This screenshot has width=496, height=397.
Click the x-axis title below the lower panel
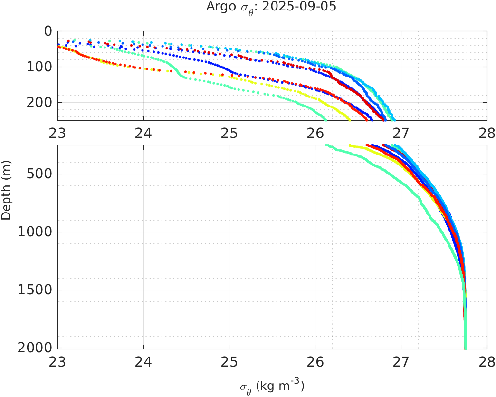272,386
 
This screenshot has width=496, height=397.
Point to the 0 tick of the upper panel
48,31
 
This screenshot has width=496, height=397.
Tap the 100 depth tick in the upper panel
40,67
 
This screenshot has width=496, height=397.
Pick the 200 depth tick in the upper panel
40,103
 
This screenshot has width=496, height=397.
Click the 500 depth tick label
40,174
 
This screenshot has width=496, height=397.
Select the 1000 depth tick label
36,232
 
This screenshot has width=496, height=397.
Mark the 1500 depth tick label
36,290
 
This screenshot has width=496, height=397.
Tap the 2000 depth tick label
36,348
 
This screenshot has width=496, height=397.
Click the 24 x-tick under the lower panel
144,361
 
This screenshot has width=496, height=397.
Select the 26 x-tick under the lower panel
315,361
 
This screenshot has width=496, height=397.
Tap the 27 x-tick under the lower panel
401,361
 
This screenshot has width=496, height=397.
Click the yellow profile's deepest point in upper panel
349,119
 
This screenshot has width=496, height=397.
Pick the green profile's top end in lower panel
326,145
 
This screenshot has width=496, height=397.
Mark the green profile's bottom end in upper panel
325,119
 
